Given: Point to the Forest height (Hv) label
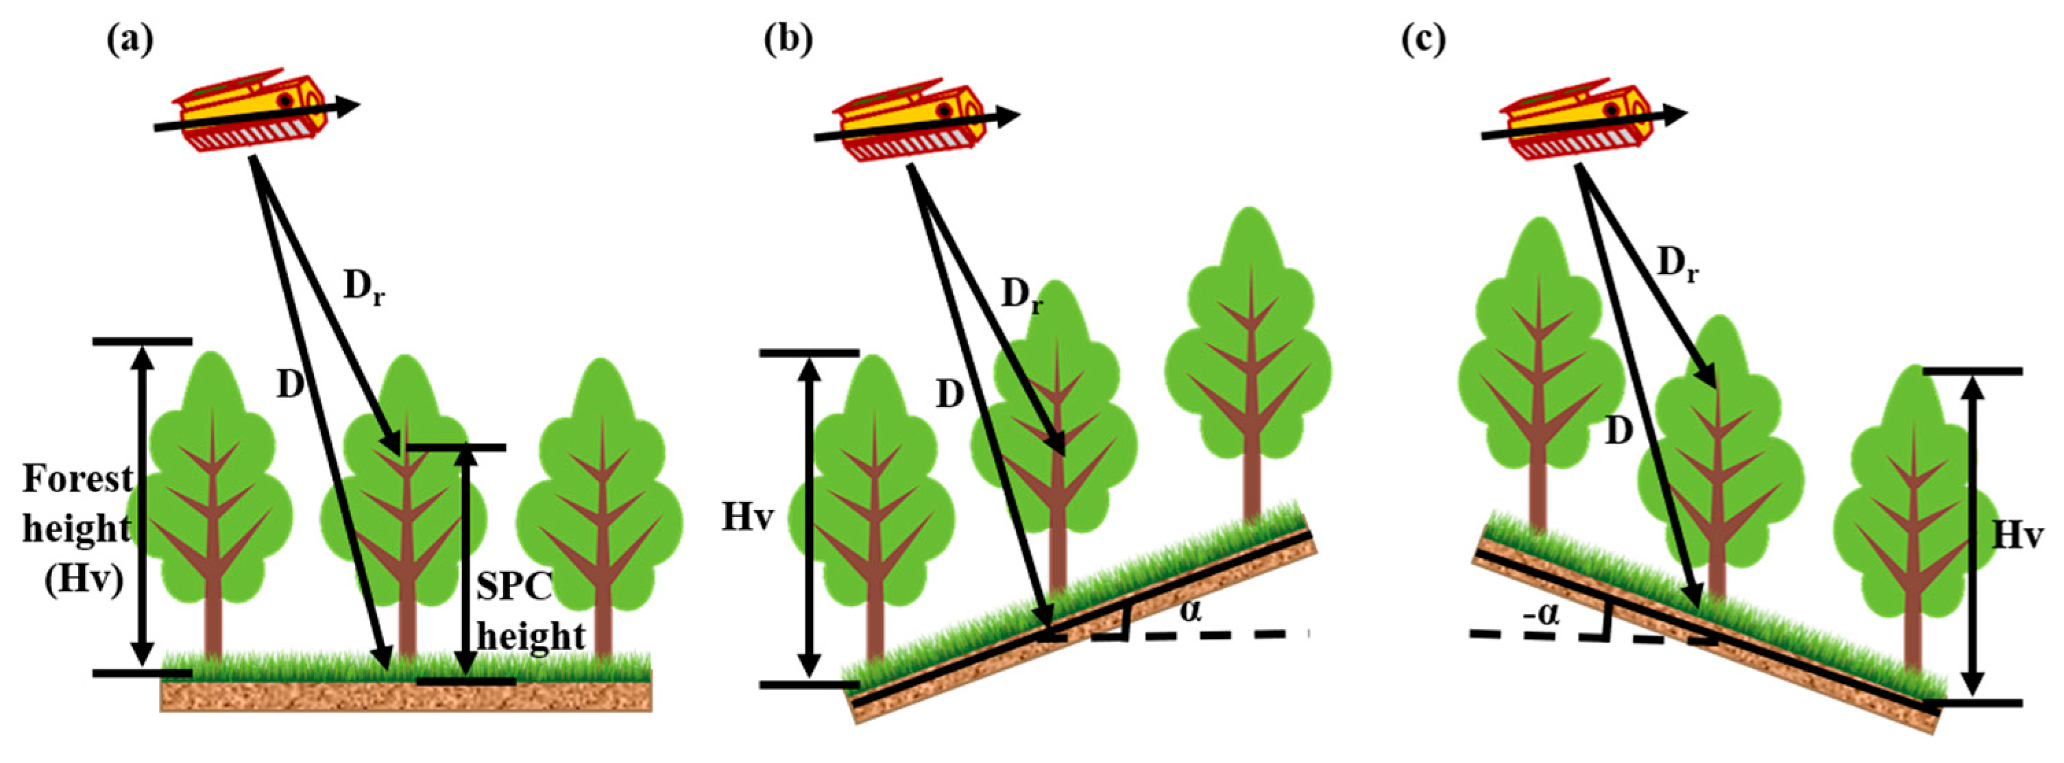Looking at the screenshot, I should click(76, 529).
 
